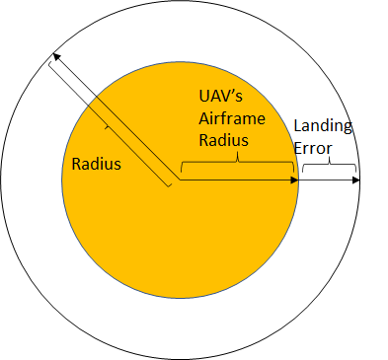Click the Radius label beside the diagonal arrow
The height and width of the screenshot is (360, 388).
coord(97,164)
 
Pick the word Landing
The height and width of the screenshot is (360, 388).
coord(323,127)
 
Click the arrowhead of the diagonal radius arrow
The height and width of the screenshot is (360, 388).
coord(56,59)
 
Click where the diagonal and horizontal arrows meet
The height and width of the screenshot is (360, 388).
coord(178,180)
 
